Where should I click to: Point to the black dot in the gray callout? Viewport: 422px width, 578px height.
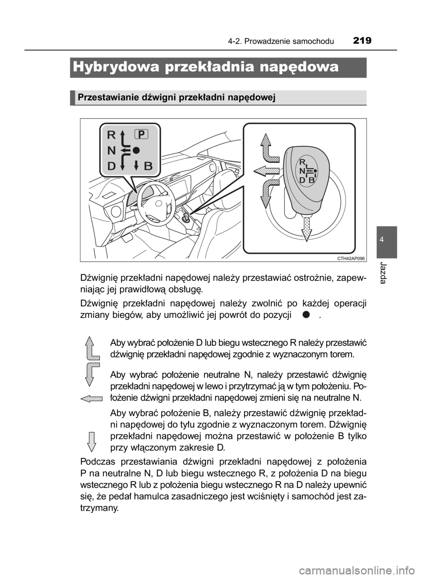coord(137,150)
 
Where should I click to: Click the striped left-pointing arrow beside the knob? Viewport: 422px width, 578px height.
coord(266,170)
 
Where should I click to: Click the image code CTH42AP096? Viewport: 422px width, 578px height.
coord(348,258)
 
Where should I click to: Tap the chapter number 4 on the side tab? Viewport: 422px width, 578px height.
coord(386,240)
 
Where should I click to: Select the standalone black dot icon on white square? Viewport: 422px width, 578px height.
coord(306,314)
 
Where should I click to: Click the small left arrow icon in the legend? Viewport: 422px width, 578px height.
coord(92,398)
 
